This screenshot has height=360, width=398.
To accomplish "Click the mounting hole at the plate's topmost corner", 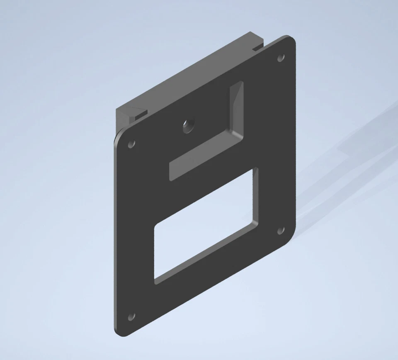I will tap(281, 58).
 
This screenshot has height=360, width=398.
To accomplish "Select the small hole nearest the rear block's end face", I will tap(131, 144).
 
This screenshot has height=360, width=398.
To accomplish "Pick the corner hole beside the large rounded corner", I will tap(281, 231).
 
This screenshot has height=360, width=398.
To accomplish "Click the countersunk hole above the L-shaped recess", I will tap(188, 126).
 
